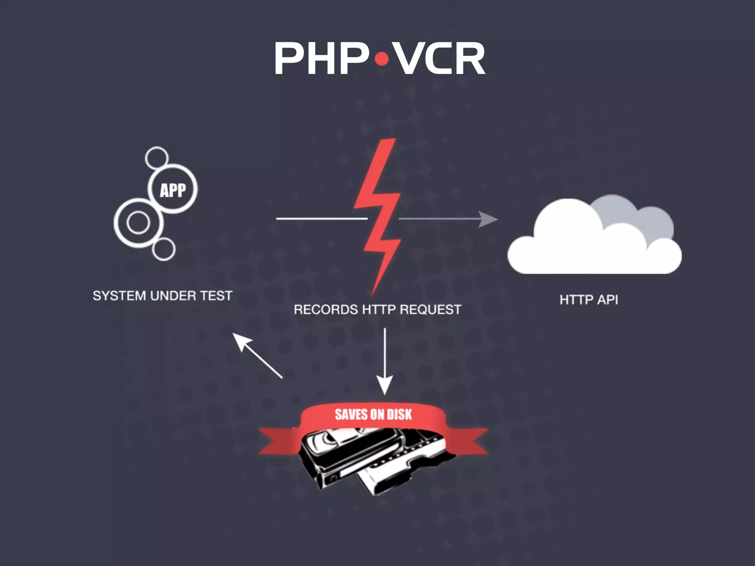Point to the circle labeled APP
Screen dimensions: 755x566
pyautogui.click(x=173, y=189)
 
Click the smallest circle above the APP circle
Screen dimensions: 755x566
pyautogui.click(x=157, y=158)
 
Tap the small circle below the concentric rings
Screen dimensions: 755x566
pyautogui.click(x=163, y=249)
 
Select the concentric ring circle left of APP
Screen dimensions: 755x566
pyautogui.click(x=138, y=223)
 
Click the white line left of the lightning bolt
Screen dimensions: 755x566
pyautogui.click(x=321, y=219)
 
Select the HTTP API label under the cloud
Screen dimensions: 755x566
pyautogui.click(x=589, y=300)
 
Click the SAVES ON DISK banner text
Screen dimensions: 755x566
pyautogui.click(x=373, y=415)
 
